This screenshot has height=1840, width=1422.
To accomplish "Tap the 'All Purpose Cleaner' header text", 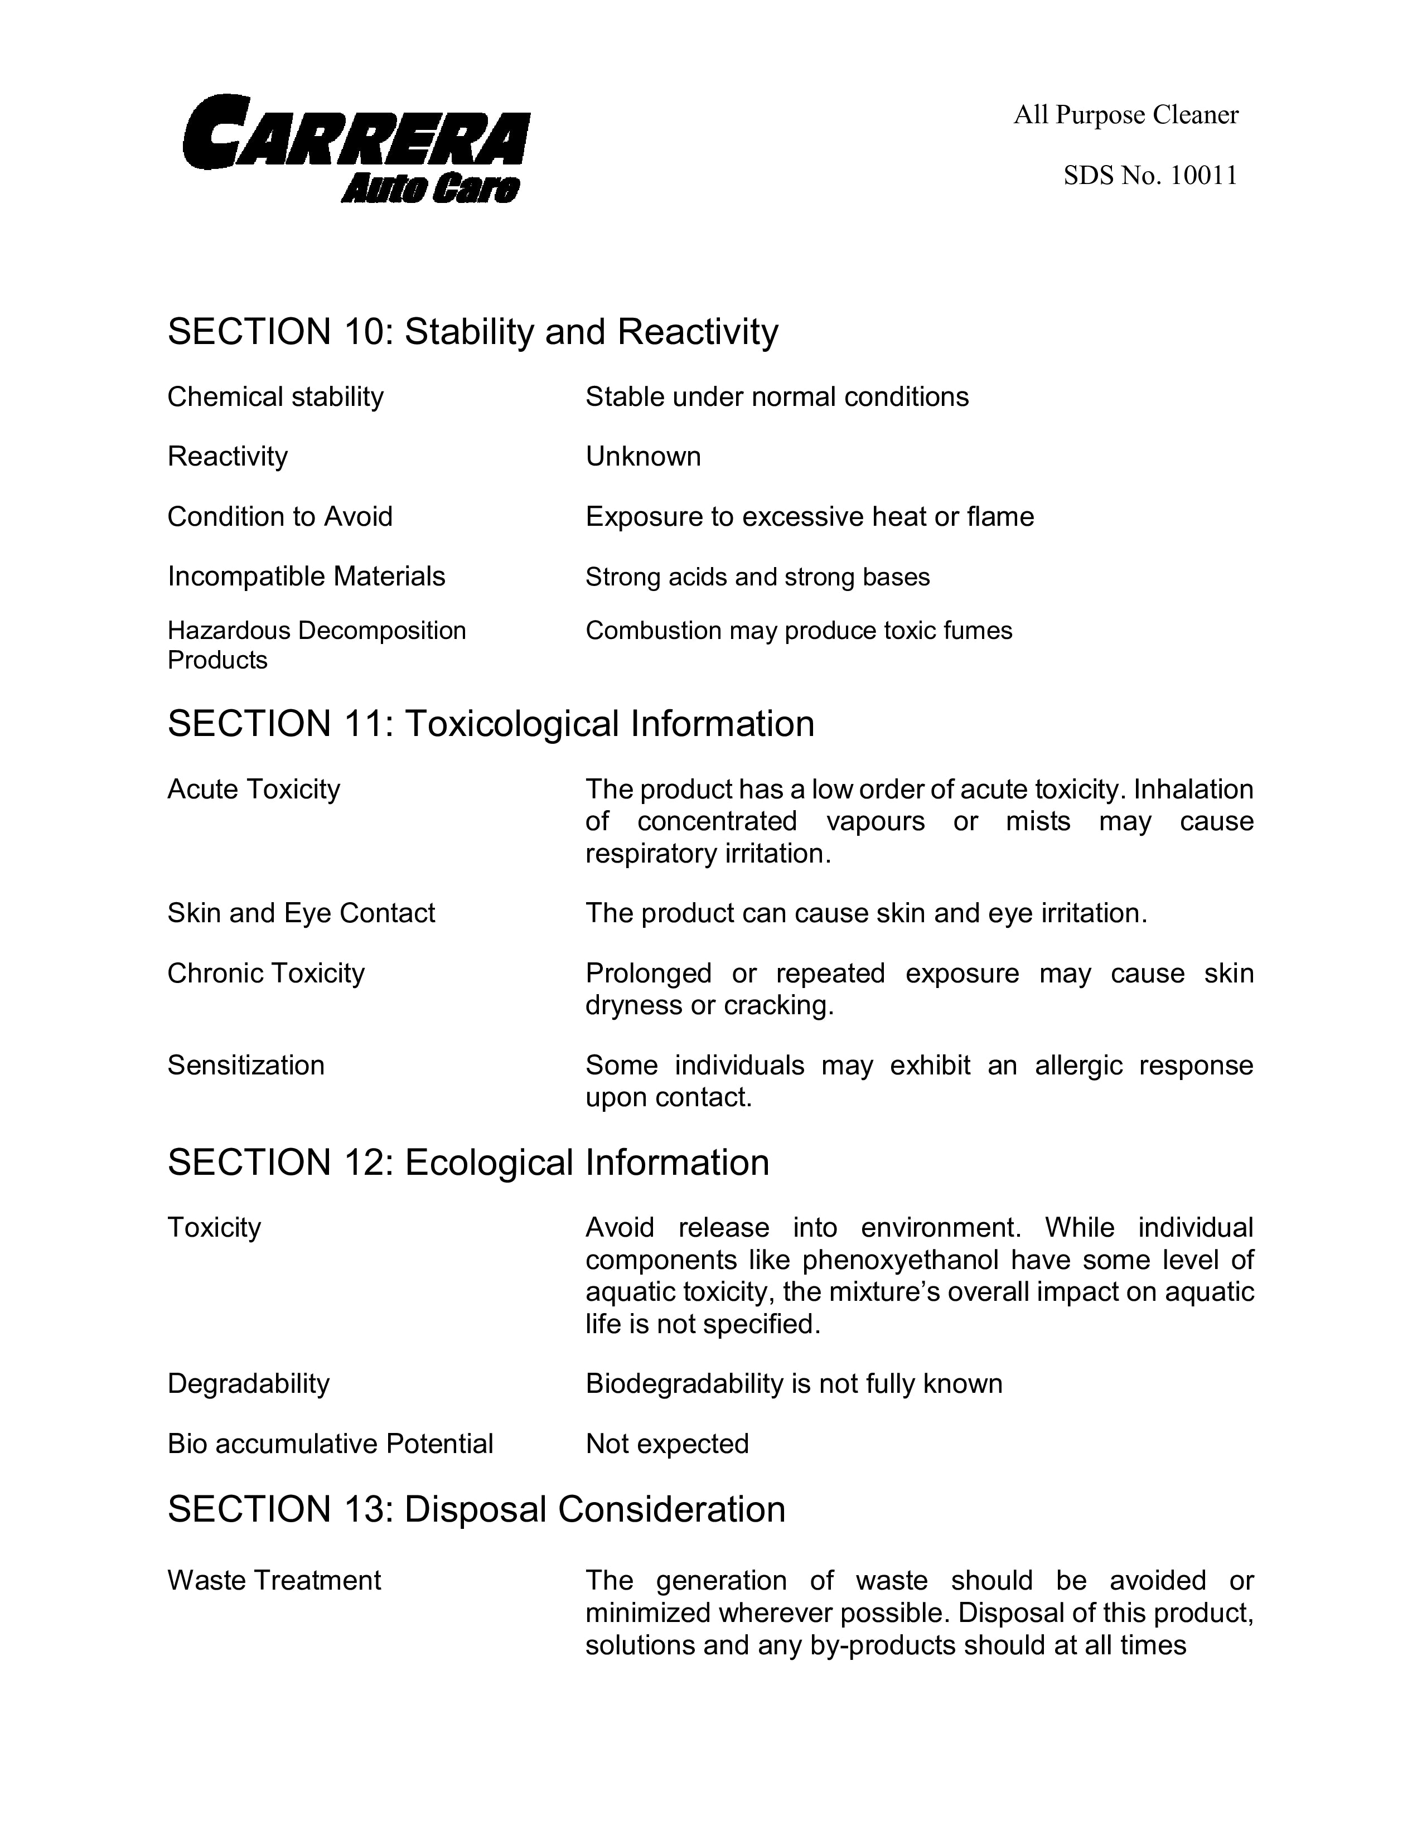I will [1125, 114].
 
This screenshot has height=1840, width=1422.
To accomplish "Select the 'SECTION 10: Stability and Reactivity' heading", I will [472, 332].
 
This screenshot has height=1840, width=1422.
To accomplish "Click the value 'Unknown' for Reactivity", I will [643, 457].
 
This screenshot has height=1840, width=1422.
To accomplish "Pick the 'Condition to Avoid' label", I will [280, 516].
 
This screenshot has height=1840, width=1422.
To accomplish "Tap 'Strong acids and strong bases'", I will [757, 577].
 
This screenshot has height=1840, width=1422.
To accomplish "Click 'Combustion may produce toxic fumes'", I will [799, 631].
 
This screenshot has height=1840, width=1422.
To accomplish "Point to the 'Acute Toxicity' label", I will [254, 790].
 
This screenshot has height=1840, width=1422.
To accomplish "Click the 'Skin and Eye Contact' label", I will [301, 913].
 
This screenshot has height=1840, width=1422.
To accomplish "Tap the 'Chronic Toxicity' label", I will [266, 973].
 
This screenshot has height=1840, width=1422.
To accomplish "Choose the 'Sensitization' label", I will [246, 1066].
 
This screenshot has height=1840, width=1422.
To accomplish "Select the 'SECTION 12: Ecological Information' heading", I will [468, 1163].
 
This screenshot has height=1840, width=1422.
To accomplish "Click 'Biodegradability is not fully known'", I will [794, 1384].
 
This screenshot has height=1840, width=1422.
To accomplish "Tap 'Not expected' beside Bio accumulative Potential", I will [667, 1444].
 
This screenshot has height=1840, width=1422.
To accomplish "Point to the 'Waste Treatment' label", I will [274, 1581].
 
